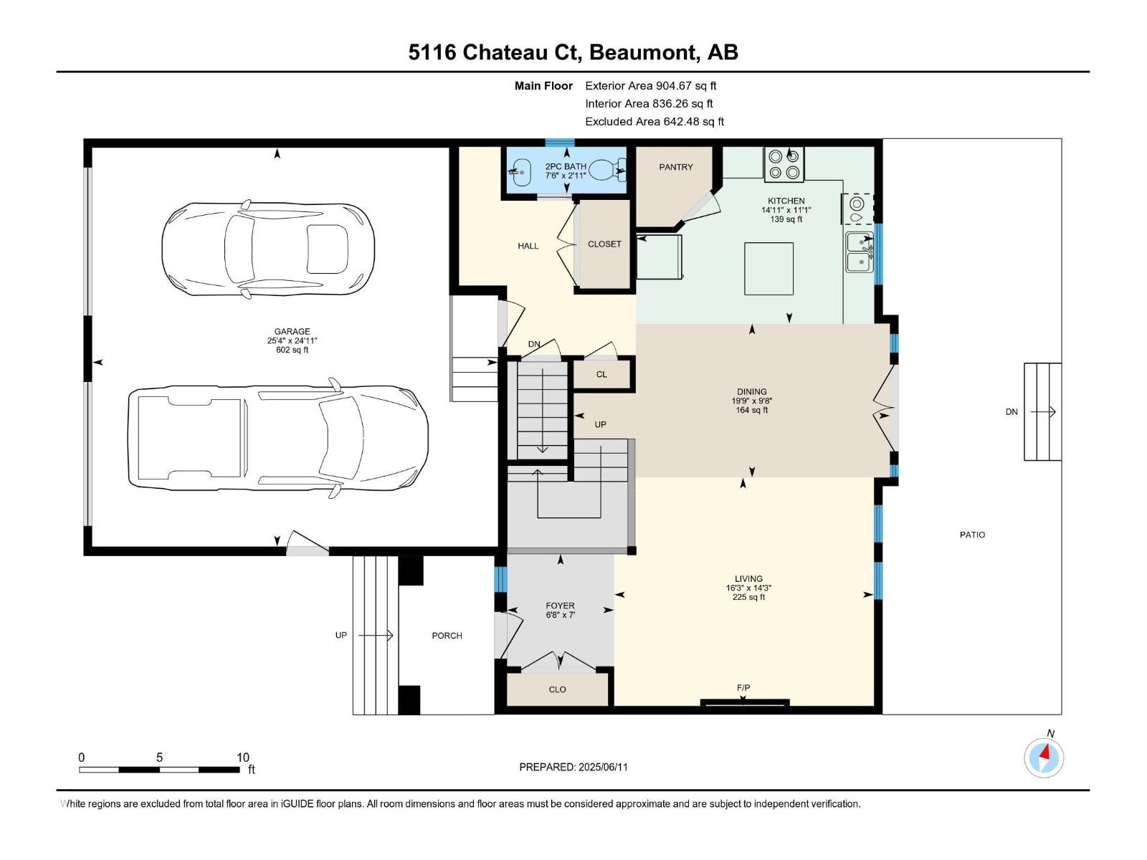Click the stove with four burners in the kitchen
[784, 164]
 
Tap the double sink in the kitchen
[860, 252]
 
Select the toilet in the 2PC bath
[606, 170]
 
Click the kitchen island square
[768, 269]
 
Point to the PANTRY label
[675, 167]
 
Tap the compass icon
[1044, 757]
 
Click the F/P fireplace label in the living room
[743, 688]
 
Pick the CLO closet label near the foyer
[557, 689]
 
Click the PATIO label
[972, 535]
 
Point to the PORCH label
[447, 636]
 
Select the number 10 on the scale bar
[243, 758]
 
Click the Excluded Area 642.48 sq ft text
[654, 122]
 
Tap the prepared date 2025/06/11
[602, 767]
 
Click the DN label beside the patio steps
[1011, 412]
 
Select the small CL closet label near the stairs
[601, 374]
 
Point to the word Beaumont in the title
[644, 52]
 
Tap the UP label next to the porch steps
[341, 635]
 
